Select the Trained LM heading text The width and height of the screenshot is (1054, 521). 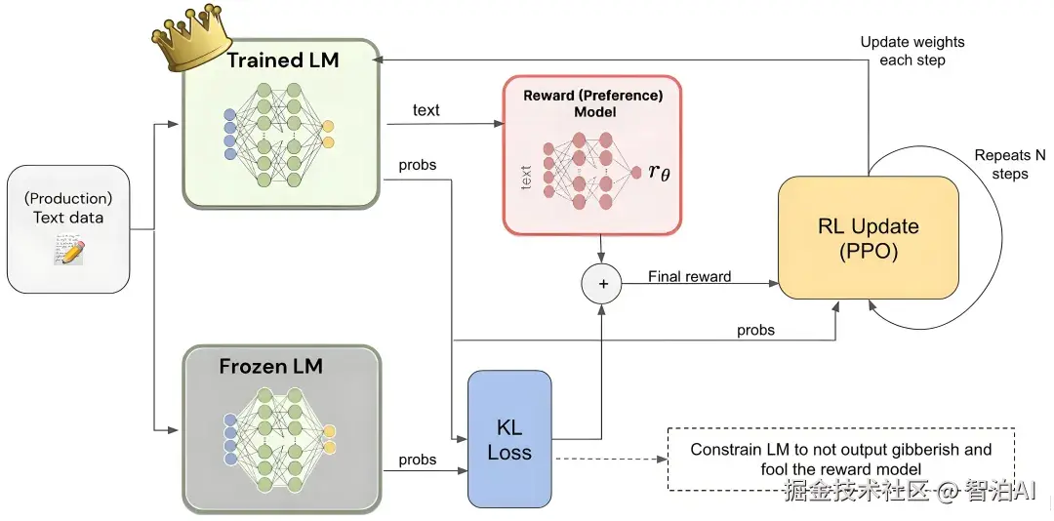pyautogui.click(x=283, y=60)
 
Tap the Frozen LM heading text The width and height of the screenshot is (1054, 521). pyautogui.click(x=270, y=367)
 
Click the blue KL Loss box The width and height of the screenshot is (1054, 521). pyautogui.click(x=509, y=439)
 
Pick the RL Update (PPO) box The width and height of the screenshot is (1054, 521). pyautogui.click(x=868, y=240)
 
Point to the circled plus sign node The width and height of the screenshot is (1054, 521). pyautogui.click(x=601, y=284)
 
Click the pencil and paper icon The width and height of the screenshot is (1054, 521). pyautogui.click(x=68, y=252)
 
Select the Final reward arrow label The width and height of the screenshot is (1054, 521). pyautogui.click(x=689, y=277)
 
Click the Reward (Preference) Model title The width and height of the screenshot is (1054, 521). pyautogui.click(x=592, y=103)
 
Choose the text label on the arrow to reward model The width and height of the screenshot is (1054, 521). pyautogui.click(x=426, y=110)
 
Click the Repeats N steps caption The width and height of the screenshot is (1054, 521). pyautogui.click(x=1010, y=165)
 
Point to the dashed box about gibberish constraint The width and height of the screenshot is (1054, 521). pyautogui.click(x=840, y=459)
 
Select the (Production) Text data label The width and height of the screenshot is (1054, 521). pyautogui.click(x=68, y=208)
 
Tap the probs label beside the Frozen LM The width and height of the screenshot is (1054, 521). pyautogui.click(x=418, y=460)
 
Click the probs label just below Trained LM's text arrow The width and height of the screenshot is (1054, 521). pyautogui.click(x=418, y=165)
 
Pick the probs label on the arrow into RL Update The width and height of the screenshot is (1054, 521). pyautogui.click(x=755, y=330)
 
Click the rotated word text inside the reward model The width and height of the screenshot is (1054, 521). pyautogui.click(x=527, y=177)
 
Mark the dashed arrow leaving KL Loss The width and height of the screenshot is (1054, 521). pyautogui.click(x=609, y=459)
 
